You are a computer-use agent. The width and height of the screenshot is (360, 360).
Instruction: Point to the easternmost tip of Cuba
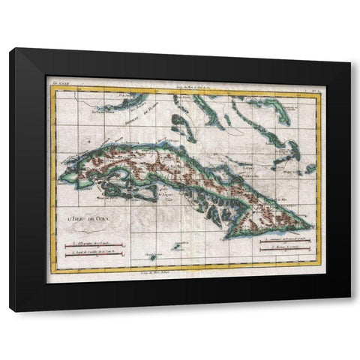[310, 226]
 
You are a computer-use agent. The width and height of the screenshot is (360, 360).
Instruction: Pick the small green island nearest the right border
[309, 169]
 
